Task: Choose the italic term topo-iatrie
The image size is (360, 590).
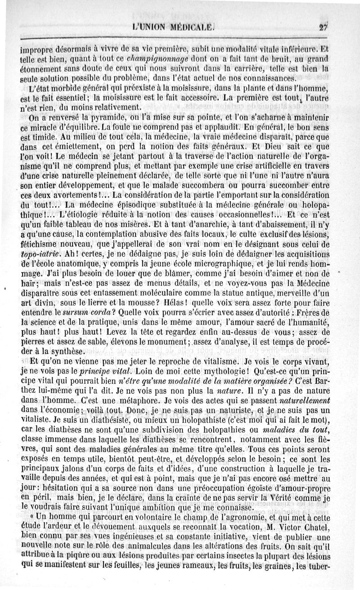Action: [41, 255]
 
